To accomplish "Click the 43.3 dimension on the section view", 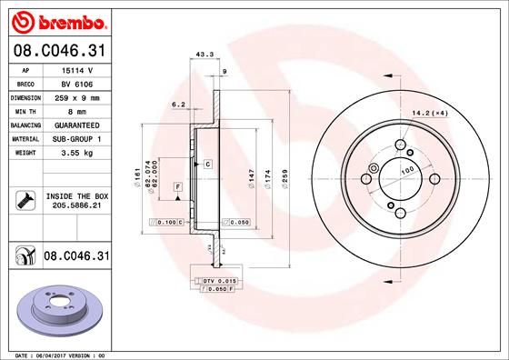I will click(x=205, y=55).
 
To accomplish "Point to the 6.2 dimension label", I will click(x=178, y=105).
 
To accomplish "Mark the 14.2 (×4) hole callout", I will click(x=431, y=113).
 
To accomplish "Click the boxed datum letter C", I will click(x=207, y=164).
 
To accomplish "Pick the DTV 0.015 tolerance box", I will click(x=218, y=281).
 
